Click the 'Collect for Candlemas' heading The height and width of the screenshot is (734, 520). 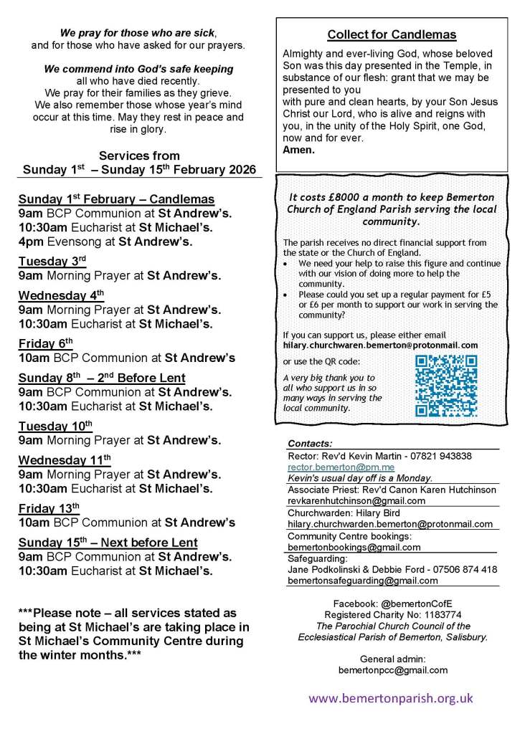click(392, 34)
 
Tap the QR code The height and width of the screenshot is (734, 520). click(446, 386)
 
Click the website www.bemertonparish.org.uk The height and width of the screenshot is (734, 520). click(391, 697)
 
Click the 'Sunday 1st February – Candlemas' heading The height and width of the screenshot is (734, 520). click(116, 199)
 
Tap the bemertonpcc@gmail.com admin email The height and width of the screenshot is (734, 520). click(393, 670)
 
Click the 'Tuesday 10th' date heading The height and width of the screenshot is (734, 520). click(55, 426)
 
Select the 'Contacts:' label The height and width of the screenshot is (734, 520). click(310, 444)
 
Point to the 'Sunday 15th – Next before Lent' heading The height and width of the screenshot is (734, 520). click(108, 543)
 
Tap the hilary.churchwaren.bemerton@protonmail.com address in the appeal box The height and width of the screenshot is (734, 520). click(380, 345)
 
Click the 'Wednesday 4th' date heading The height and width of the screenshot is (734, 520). click(61, 295)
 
